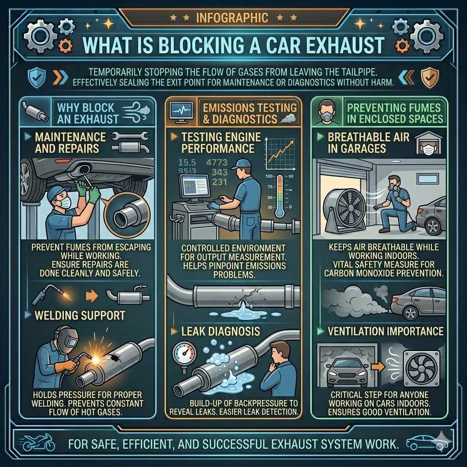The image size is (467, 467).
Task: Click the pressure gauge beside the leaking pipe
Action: point(184,354)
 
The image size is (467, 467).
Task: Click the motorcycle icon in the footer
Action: point(38,442)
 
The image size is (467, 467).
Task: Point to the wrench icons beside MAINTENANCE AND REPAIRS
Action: point(130,142)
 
